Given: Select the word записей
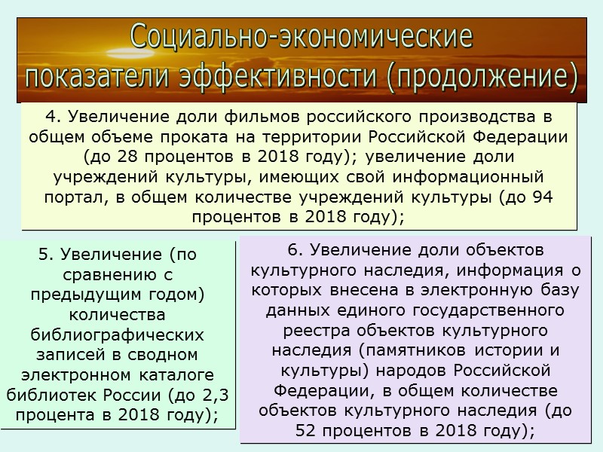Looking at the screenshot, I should tap(64, 353).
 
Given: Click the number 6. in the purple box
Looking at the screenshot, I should tap(294, 249).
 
